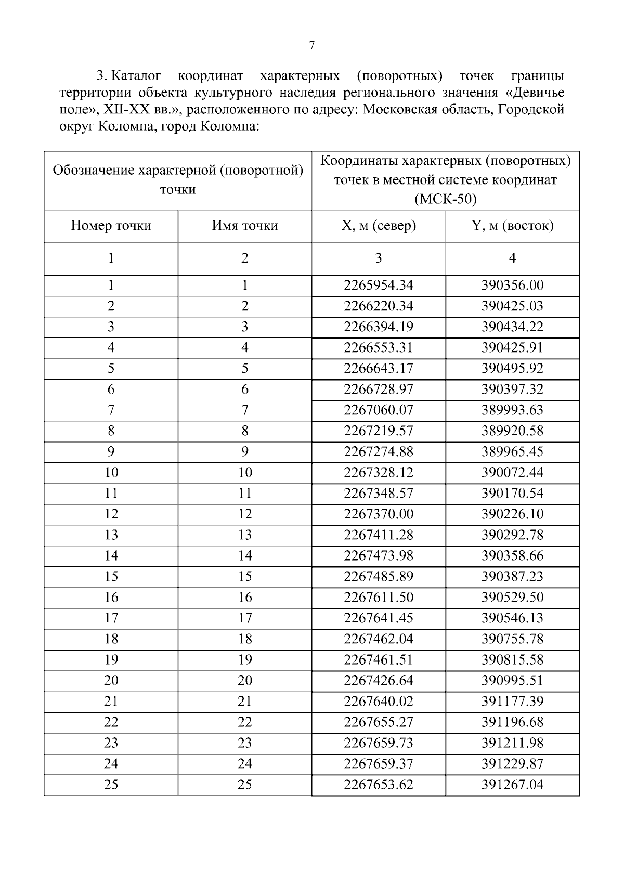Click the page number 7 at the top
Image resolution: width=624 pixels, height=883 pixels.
(x=312, y=46)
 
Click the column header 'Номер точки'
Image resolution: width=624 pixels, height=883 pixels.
(x=111, y=226)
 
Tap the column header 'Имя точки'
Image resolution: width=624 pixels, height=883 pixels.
(x=244, y=226)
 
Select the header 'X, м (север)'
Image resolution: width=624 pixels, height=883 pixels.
(x=379, y=226)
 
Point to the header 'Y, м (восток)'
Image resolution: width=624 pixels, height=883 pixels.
(x=512, y=226)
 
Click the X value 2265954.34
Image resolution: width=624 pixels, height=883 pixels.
(x=379, y=285)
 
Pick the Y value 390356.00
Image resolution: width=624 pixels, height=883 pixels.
(x=512, y=285)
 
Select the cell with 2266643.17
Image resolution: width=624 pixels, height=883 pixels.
(x=379, y=369)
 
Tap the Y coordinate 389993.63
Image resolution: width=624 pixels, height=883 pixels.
(x=512, y=410)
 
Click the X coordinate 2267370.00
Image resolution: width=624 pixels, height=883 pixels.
(x=379, y=514)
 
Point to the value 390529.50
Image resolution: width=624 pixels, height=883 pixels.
(x=512, y=598)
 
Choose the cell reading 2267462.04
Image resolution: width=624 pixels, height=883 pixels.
(x=379, y=639)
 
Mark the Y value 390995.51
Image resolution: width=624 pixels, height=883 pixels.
(x=512, y=681)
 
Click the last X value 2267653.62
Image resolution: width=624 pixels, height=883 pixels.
(x=379, y=785)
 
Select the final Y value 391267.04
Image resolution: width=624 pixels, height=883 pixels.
(x=512, y=785)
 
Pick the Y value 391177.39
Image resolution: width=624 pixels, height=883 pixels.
(x=512, y=702)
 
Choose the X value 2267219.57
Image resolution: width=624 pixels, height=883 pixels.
(x=379, y=431)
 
